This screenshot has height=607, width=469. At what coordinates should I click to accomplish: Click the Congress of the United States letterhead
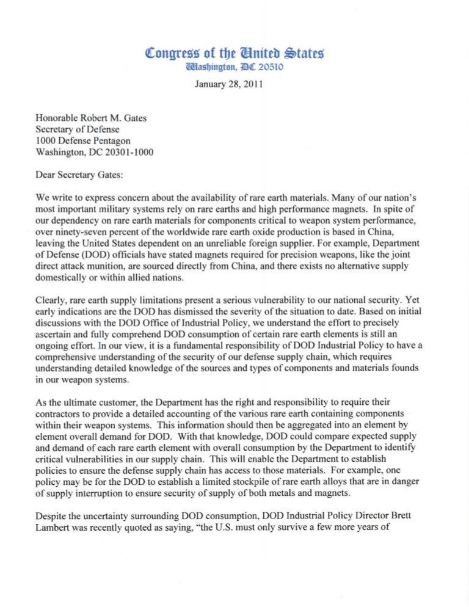tap(234, 54)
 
